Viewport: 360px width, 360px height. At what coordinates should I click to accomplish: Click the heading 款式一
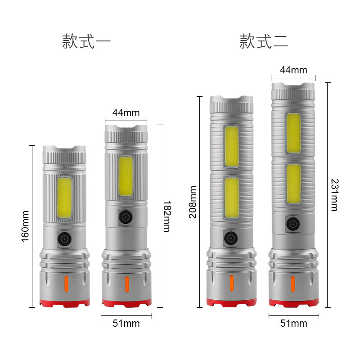click(86, 42)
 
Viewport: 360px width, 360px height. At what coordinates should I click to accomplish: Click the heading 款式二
click(264, 42)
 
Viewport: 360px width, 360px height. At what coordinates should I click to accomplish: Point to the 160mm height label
click(25, 226)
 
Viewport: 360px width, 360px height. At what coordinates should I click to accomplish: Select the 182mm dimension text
click(166, 216)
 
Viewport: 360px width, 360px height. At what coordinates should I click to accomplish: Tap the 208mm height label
click(193, 202)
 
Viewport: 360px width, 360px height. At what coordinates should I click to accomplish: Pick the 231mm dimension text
click(333, 195)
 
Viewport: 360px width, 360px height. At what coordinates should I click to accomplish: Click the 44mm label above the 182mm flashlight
click(126, 112)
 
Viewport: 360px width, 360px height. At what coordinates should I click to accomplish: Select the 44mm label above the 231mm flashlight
click(293, 70)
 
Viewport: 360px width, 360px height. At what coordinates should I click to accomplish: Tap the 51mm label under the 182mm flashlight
click(126, 323)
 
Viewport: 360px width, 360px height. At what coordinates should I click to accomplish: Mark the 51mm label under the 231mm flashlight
click(293, 323)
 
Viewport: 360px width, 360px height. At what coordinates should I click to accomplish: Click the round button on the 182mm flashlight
click(126, 218)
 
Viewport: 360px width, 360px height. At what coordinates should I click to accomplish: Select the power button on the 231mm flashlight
click(293, 224)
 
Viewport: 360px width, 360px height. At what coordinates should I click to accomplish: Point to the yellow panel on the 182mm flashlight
click(126, 177)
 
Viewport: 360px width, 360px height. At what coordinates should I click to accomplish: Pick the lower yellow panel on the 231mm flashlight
click(293, 184)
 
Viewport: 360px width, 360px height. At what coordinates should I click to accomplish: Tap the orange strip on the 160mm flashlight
click(65, 284)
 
